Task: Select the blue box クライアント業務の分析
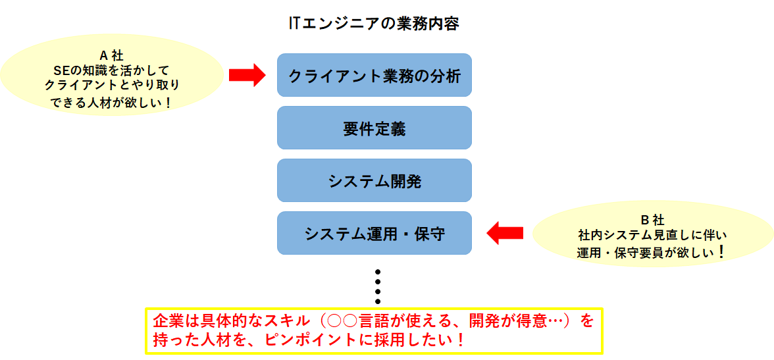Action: (374, 75)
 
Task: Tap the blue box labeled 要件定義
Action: (374, 128)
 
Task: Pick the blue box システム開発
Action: (374, 180)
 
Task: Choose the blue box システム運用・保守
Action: (374, 233)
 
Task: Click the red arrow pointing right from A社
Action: (247, 75)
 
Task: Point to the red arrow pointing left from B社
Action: (505, 232)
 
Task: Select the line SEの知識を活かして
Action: (112, 70)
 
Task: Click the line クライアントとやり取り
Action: (112, 86)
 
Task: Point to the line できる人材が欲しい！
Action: (112, 102)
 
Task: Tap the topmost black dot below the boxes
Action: (378, 272)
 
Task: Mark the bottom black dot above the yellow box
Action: (378, 301)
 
